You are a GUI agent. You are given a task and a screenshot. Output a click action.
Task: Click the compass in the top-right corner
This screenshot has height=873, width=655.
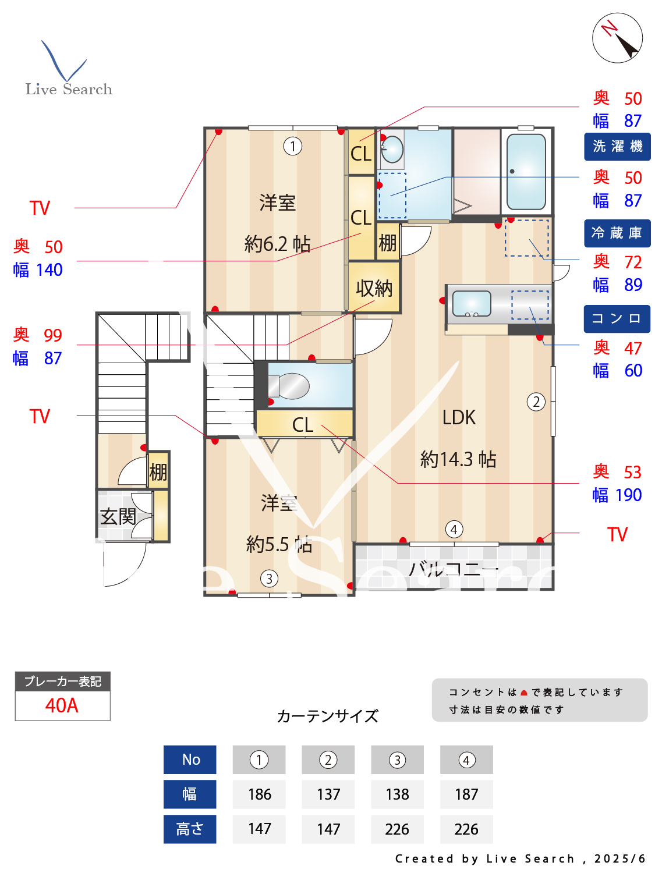617,38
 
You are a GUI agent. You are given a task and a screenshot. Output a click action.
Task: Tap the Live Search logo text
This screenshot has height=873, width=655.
69,89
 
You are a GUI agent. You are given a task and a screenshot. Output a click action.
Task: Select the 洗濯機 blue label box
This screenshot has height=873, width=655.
617,146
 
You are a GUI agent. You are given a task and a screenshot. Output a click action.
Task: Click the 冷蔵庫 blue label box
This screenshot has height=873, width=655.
617,233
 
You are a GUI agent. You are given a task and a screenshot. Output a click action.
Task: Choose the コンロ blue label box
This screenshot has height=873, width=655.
617,319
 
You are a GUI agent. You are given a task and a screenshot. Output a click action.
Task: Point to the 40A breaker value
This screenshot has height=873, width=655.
62,705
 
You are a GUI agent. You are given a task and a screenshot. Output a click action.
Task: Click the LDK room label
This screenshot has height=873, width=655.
459,417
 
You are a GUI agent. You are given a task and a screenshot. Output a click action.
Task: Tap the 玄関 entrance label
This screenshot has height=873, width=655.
118,516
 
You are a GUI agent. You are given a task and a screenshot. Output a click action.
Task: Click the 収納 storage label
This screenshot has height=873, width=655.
374,288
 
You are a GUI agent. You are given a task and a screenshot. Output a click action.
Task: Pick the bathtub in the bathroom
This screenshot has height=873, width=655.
526,172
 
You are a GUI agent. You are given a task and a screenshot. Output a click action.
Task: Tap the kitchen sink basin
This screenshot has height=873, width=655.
471,303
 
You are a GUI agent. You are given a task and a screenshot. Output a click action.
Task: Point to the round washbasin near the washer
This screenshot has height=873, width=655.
392,150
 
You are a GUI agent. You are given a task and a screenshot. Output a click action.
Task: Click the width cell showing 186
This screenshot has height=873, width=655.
259,794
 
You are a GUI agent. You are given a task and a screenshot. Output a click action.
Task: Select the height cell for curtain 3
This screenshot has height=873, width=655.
397,829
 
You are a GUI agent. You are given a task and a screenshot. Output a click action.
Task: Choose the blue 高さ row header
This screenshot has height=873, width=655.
190,829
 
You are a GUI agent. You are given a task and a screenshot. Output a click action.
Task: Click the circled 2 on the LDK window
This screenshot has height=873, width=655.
536,402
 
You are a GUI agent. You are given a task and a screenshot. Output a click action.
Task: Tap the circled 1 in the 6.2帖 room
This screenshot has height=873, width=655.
292,145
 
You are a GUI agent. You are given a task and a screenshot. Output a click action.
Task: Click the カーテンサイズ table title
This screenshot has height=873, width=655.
327,716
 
